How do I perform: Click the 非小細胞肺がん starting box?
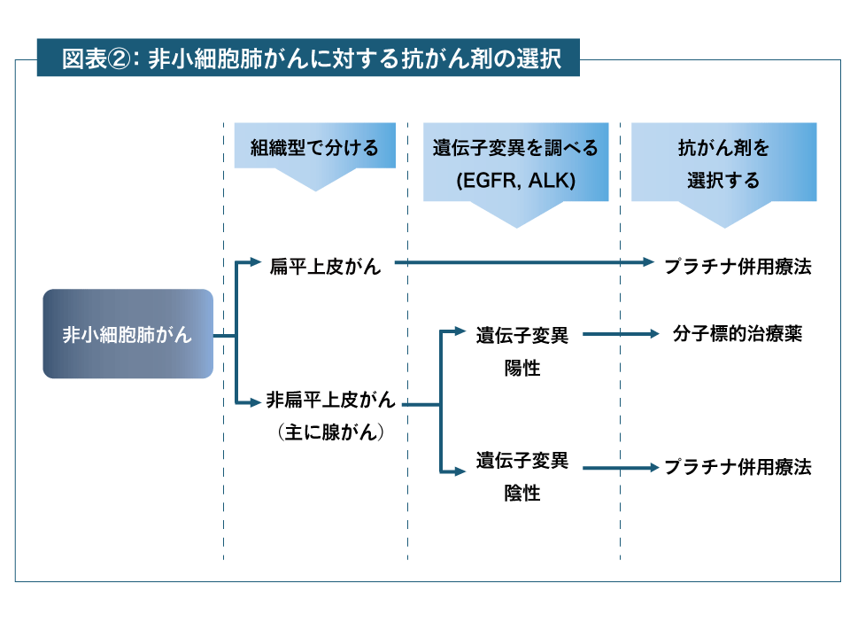(x=127, y=335)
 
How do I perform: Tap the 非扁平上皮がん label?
(x=331, y=401)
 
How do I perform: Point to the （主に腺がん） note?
(x=331, y=432)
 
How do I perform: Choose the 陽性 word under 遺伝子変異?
(x=522, y=367)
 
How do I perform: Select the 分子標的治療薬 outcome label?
(x=737, y=335)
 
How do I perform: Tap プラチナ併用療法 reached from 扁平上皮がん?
(x=737, y=266)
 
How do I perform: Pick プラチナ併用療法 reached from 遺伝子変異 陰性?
(x=737, y=467)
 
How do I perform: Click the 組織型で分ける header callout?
(x=314, y=147)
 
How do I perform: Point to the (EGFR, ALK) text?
(x=516, y=181)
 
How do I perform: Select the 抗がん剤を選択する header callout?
(x=723, y=163)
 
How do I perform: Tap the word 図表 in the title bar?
(x=84, y=59)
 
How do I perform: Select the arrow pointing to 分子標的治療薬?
(x=622, y=334)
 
